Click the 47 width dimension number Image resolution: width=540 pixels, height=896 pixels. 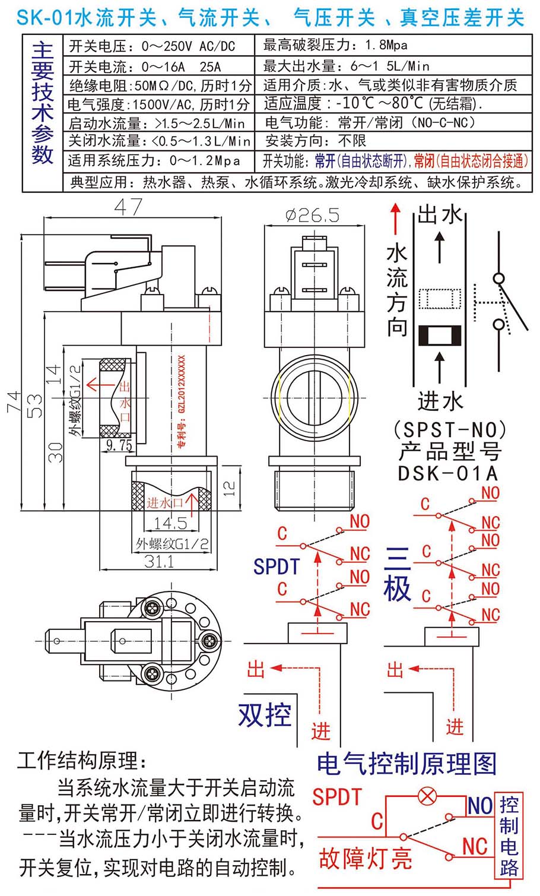coord(128,207)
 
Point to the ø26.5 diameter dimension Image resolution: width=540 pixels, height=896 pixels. coord(312,215)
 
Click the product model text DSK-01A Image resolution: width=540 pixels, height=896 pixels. coord(448,473)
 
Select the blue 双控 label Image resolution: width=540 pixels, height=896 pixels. coord(265,715)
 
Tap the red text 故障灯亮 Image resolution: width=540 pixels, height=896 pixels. coord(365,858)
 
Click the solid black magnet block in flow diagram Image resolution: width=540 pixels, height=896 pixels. coord(440,335)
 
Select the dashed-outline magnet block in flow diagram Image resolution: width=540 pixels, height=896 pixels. coord(440,299)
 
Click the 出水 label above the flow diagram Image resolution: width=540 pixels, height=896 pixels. coord(440,214)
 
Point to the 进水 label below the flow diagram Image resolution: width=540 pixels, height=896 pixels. coord(440,401)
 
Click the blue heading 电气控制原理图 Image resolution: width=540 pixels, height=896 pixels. coord(406,764)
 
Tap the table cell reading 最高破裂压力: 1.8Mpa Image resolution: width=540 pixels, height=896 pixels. coord(335,45)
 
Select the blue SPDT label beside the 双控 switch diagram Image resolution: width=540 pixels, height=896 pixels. coord(277,566)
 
